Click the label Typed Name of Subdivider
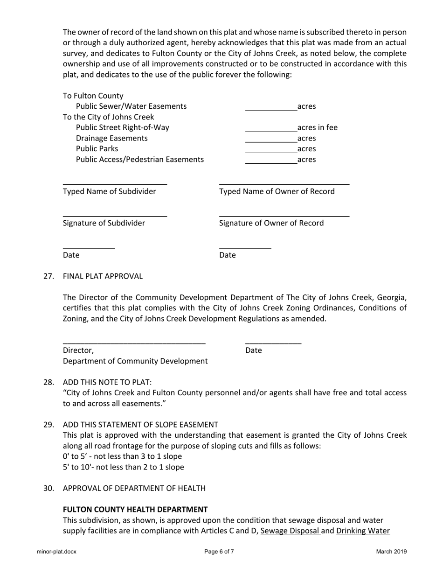(110, 191)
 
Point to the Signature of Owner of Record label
(271, 223)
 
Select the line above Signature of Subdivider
(115, 216)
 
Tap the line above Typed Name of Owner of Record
(284, 184)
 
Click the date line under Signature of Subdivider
(89, 248)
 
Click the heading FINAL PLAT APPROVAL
(103, 276)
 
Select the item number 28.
(48, 382)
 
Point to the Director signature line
(134, 343)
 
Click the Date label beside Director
(253, 350)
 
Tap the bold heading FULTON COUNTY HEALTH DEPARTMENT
(135, 510)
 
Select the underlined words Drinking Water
(363, 531)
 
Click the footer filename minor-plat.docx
(56, 552)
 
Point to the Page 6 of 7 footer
(219, 552)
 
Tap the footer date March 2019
(391, 552)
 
